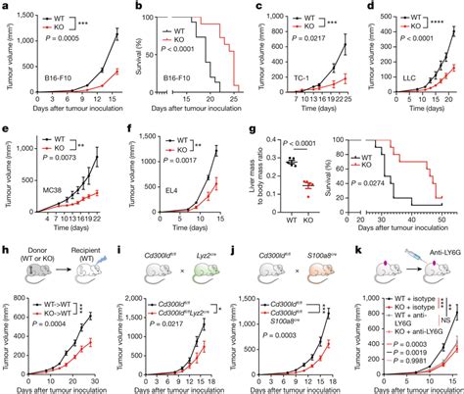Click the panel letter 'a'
pos(5,6)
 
